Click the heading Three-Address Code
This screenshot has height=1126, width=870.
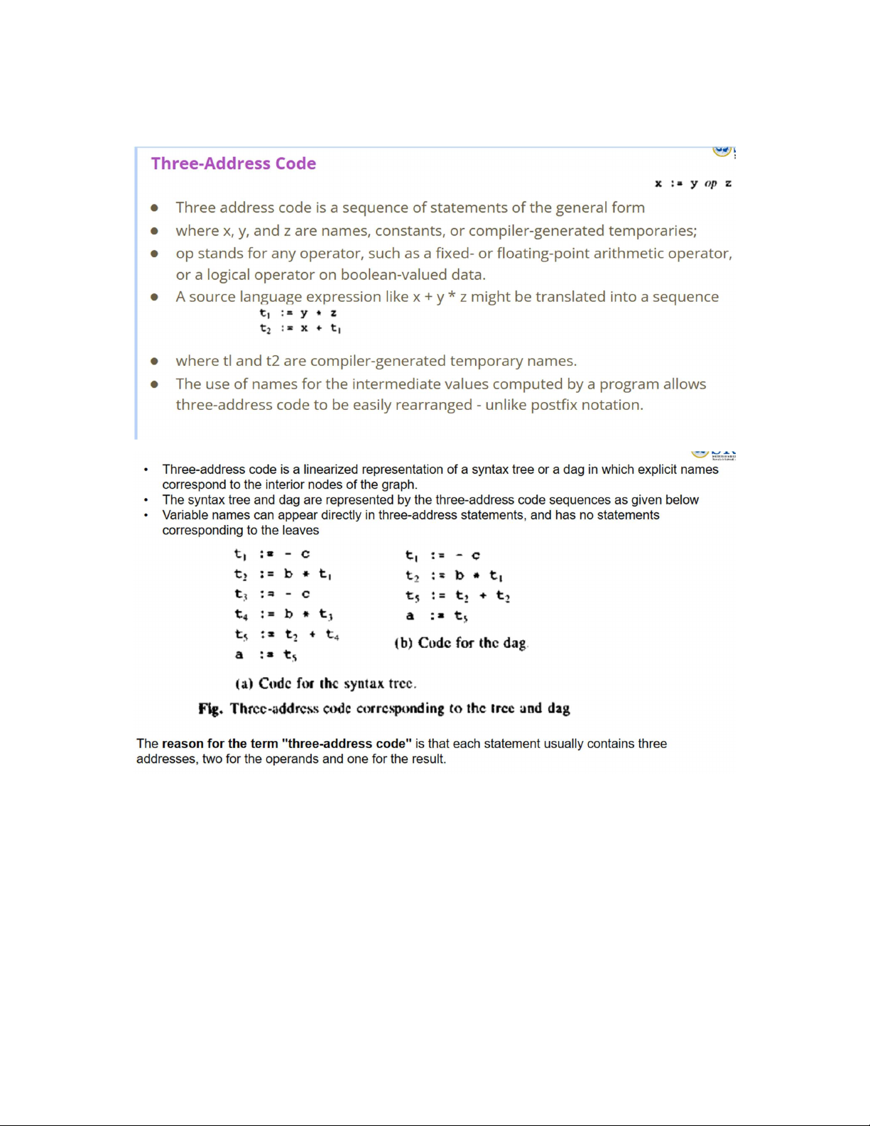click(233, 163)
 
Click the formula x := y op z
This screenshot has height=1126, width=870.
click(692, 183)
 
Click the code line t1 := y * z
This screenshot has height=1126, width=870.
click(298, 313)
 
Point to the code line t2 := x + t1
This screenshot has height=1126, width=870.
click(300, 328)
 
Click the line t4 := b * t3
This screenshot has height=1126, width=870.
click(283, 614)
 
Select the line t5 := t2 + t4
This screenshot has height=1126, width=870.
click(287, 634)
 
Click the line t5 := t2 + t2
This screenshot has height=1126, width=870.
click(457, 596)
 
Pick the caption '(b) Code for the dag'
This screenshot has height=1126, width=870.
click(461, 643)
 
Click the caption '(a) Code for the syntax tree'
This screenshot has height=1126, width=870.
click(325, 683)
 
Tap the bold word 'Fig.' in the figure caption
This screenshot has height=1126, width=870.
click(210, 708)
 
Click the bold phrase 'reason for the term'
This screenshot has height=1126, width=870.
click(219, 744)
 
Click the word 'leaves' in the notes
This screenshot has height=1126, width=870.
click(301, 531)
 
